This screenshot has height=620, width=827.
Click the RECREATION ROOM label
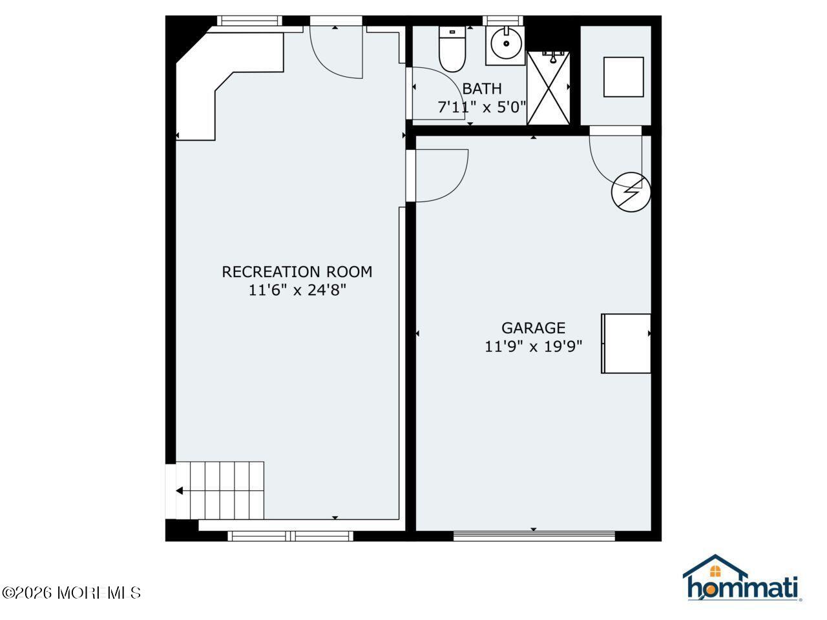297,272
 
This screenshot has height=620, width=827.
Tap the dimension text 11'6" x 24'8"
297,291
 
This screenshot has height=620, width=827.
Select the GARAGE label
533,328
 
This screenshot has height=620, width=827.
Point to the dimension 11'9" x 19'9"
533,347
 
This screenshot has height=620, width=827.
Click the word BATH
482,89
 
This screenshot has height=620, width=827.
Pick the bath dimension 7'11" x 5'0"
482,107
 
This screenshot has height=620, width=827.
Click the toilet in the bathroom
452,48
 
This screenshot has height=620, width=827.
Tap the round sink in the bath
505,45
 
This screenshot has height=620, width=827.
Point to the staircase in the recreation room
220,491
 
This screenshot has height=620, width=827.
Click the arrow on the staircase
179,491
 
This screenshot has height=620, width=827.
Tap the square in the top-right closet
623,77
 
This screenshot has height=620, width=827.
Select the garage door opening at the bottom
534,535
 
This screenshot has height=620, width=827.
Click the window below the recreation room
290,535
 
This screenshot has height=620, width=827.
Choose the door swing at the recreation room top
336,52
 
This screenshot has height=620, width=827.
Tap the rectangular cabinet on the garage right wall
626,344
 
